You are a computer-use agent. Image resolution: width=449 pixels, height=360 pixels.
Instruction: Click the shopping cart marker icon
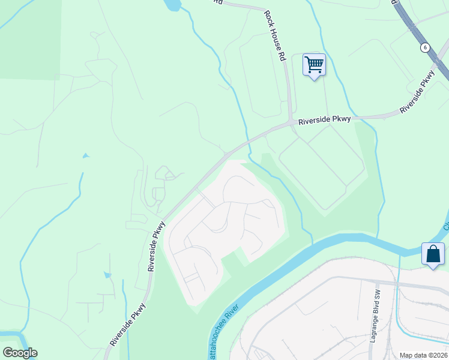coord(314,65)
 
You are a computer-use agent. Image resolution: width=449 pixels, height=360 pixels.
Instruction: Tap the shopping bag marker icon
coord(433,254)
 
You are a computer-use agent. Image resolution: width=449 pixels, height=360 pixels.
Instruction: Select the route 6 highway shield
coord(425,47)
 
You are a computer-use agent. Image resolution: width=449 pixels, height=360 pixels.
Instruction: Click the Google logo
coord(20,353)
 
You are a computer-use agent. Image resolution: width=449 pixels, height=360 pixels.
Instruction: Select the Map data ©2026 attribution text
coord(424,355)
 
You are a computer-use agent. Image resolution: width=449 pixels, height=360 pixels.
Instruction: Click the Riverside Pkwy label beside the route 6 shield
coord(417,92)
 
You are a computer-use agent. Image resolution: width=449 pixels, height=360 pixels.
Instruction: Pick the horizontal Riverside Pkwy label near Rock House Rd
coord(325,120)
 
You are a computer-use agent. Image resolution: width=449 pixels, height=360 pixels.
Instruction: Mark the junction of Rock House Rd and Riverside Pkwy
coord(291,123)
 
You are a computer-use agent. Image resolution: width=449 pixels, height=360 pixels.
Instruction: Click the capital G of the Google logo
coord(8,353)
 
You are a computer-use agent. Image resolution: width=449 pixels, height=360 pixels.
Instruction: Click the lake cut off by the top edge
coord(173,5)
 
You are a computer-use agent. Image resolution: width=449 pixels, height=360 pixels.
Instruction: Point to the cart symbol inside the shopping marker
coord(314,62)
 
